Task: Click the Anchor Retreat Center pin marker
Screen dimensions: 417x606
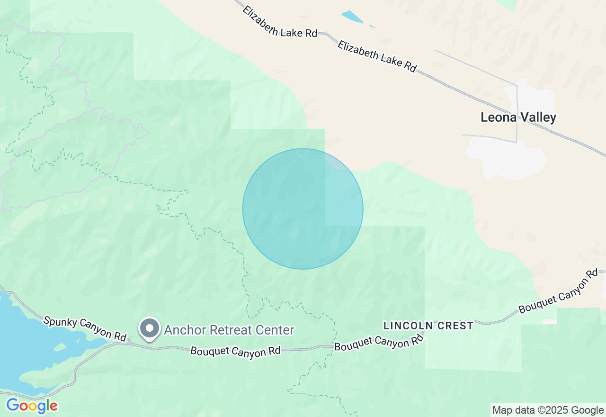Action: coord(150,328)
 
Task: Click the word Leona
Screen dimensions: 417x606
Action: coord(498,118)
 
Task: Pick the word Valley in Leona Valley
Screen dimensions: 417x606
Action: coord(538,118)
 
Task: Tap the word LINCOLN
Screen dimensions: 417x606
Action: coord(408,326)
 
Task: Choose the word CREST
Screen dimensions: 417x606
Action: coord(456,326)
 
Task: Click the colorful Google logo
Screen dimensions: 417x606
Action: coord(32,406)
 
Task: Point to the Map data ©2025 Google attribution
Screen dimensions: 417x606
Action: coord(548,410)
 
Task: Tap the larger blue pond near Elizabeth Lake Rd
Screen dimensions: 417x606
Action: coord(351,17)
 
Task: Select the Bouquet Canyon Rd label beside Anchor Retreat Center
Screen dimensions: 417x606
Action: coord(235,351)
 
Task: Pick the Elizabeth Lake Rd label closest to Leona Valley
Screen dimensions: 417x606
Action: coord(377,56)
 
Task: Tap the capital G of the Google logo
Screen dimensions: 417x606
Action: coord(12,406)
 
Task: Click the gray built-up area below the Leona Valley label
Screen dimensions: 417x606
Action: coord(507,156)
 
